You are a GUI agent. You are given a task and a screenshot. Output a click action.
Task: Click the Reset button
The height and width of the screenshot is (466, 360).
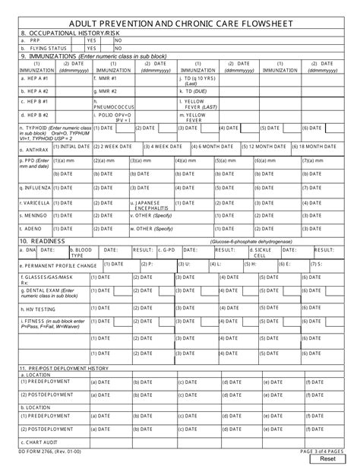(328, 458)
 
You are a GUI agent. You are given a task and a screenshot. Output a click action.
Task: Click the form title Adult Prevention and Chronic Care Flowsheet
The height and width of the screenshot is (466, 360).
(180, 22)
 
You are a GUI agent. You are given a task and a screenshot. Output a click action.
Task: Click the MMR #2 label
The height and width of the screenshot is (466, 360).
(106, 90)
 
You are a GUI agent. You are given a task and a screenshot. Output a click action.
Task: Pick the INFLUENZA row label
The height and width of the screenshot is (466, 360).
(35, 187)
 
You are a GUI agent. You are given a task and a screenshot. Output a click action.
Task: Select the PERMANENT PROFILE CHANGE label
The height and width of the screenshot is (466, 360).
(58, 266)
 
